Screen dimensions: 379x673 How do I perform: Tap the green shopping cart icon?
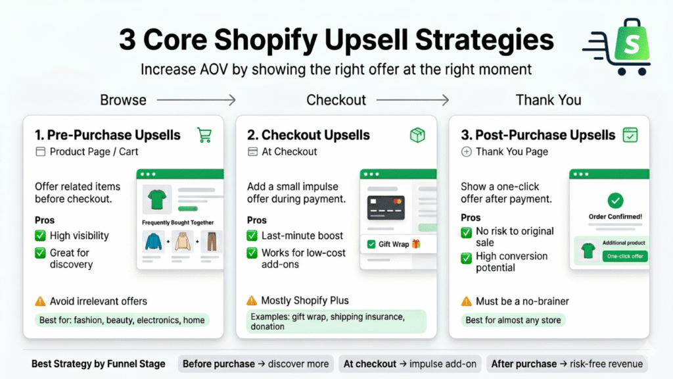[204, 135]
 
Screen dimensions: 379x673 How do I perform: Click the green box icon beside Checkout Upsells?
[417, 135]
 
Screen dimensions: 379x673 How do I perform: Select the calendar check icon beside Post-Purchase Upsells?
[630, 135]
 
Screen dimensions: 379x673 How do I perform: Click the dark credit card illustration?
[386, 208]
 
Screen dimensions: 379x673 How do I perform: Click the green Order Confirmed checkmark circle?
[616, 201]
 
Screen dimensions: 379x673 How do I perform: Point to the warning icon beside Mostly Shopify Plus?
[252, 301]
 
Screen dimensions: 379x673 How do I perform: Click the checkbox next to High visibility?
[40, 236]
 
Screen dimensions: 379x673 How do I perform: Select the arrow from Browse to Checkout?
[196, 100]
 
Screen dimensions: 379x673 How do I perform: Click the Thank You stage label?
[548, 100]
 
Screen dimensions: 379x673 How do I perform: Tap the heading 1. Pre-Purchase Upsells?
[108, 135]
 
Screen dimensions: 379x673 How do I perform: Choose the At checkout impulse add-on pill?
[410, 364]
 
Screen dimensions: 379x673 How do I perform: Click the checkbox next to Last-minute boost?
[252, 236]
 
